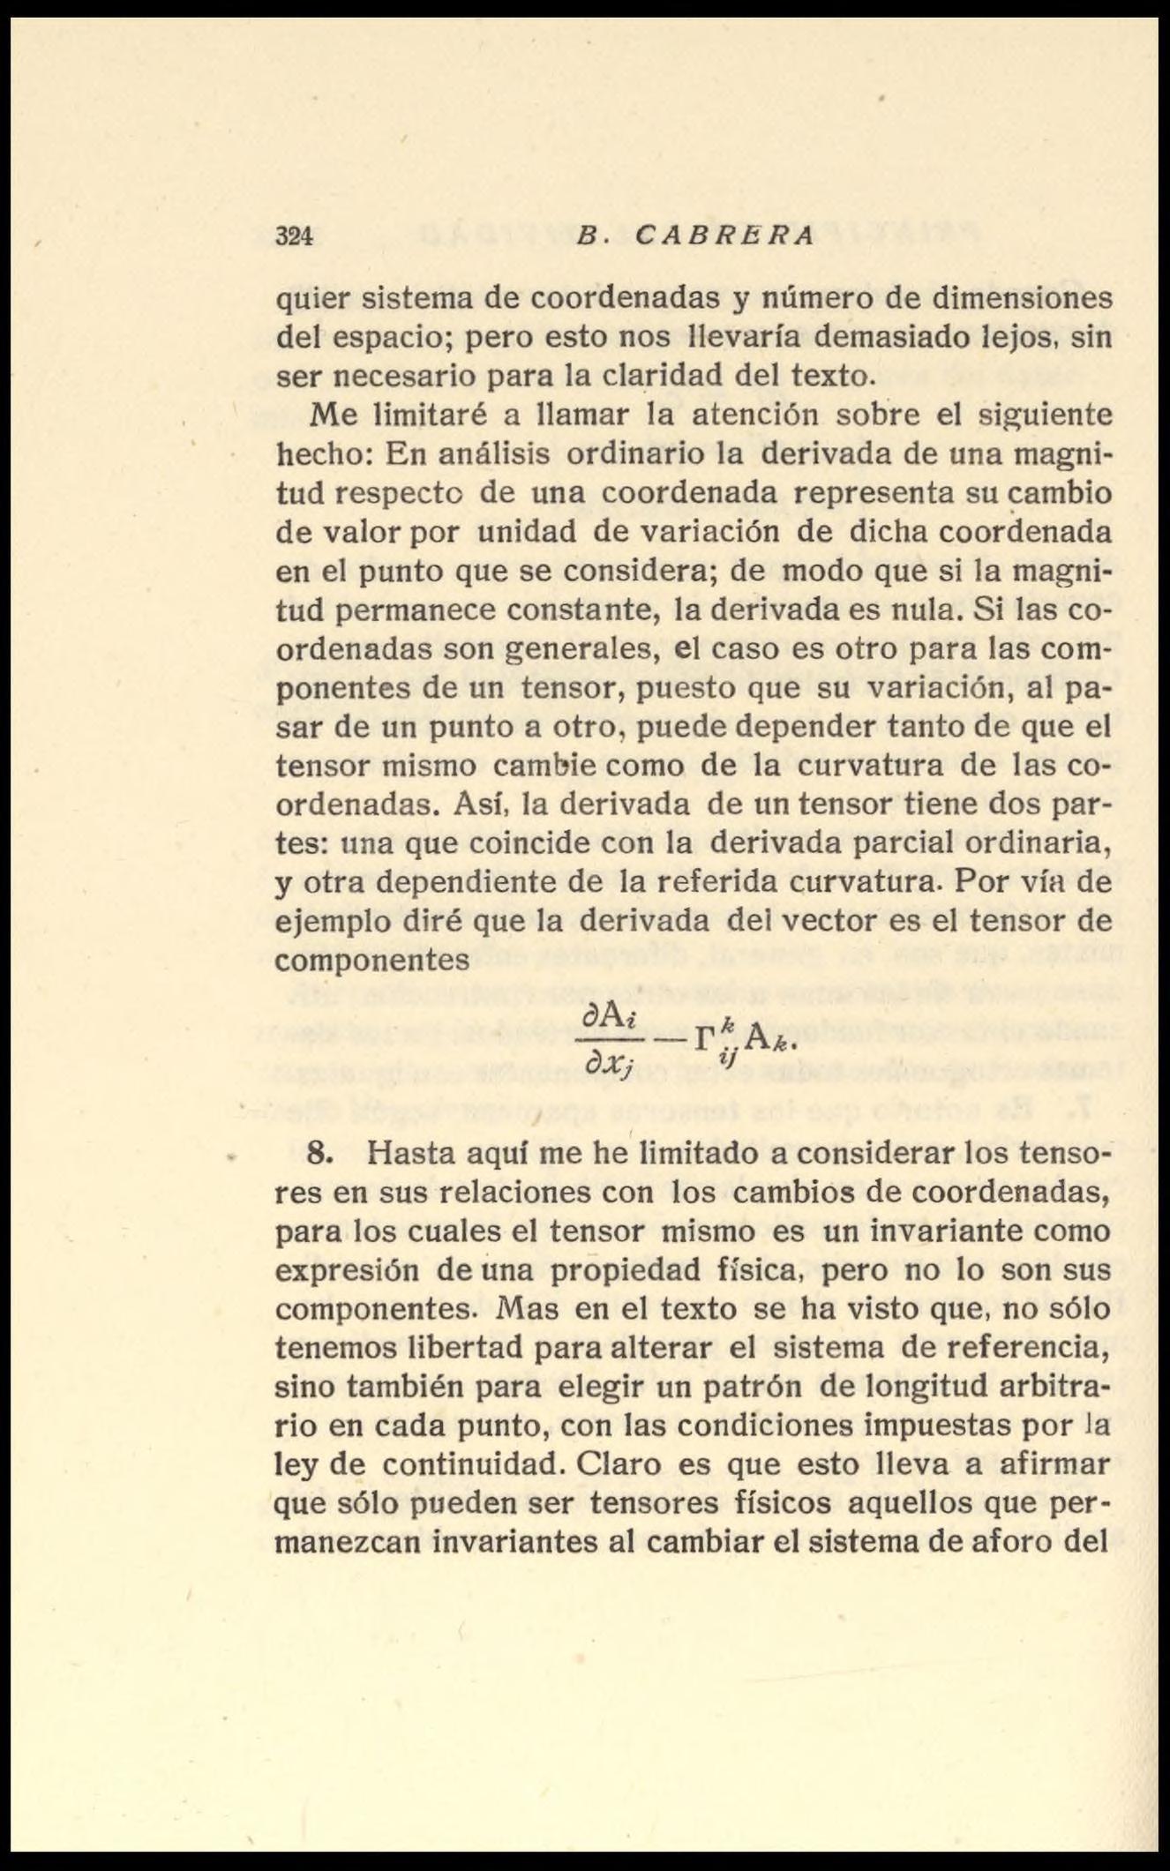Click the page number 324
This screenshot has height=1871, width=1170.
pyautogui.click(x=295, y=237)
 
